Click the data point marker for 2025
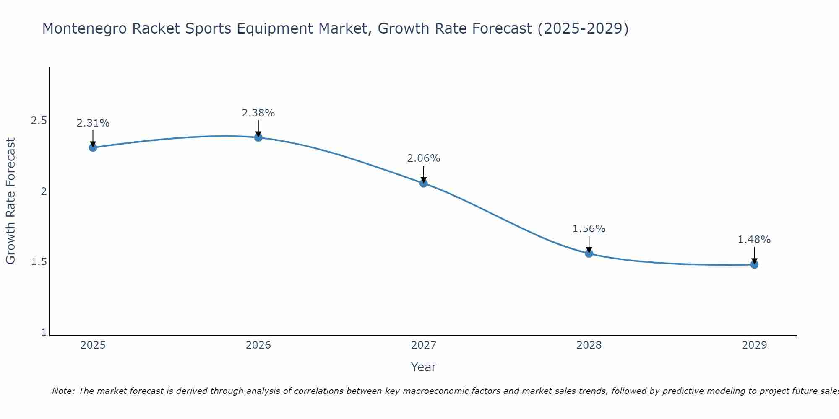click(x=93, y=147)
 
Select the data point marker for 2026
click(x=258, y=137)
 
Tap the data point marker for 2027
click(x=424, y=183)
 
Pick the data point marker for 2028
click(x=589, y=253)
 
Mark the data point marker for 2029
click(x=754, y=264)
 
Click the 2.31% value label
click(x=93, y=123)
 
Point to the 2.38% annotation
click(x=258, y=113)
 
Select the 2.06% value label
click(x=424, y=158)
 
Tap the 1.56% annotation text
click(x=589, y=229)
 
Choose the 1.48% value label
click(x=754, y=240)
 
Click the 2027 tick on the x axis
click(x=424, y=345)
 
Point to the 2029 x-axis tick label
click(x=754, y=345)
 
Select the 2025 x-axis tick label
click(x=93, y=345)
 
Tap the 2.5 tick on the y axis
click(x=39, y=121)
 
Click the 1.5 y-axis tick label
click(x=39, y=262)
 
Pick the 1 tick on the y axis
click(x=44, y=332)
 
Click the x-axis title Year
click(x=424, y=367)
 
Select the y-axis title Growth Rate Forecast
click(x=10, y=201)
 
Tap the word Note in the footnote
click(x=63, y=391)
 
